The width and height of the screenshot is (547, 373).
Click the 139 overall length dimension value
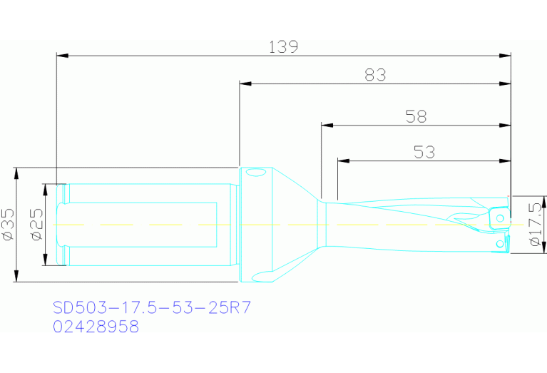(x=282, y=47)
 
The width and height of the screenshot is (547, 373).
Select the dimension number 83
(x=375, y=75)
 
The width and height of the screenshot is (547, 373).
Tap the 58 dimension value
(x=416, y=116)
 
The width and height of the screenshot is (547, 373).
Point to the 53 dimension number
(x=424, y=151)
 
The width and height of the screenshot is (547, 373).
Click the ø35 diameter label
(x=9, y=224)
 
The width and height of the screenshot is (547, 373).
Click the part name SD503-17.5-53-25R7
(x=152, y=309)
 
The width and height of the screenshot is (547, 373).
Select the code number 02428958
(x=96, y=327)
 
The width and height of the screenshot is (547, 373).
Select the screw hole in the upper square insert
(x=501, y=217)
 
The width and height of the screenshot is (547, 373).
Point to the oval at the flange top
(x=254, y=172)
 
